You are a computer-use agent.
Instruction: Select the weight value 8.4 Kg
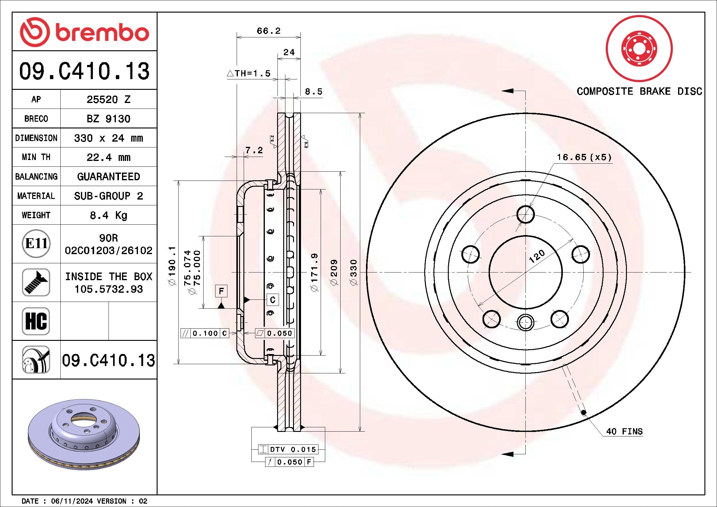108,215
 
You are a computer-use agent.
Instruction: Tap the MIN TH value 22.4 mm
108,157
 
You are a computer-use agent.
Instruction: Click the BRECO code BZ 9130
108,119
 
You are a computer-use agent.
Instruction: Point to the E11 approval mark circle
36,243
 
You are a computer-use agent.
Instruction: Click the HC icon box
36,321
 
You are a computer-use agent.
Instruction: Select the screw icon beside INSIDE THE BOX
36,282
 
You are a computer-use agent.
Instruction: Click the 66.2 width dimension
269,31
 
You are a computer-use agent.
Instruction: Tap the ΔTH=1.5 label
248,74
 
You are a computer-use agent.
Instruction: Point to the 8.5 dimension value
313,92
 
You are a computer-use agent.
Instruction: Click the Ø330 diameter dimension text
354,272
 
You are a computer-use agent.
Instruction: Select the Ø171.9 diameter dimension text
315,272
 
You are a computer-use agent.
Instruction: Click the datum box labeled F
221,291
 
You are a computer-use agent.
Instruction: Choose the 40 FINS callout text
624,432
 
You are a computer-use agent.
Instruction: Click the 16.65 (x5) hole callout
584,157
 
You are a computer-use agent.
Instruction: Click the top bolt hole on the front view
526,215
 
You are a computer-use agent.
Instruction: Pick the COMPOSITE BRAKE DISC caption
639,91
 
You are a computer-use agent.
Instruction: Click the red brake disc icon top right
639,49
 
